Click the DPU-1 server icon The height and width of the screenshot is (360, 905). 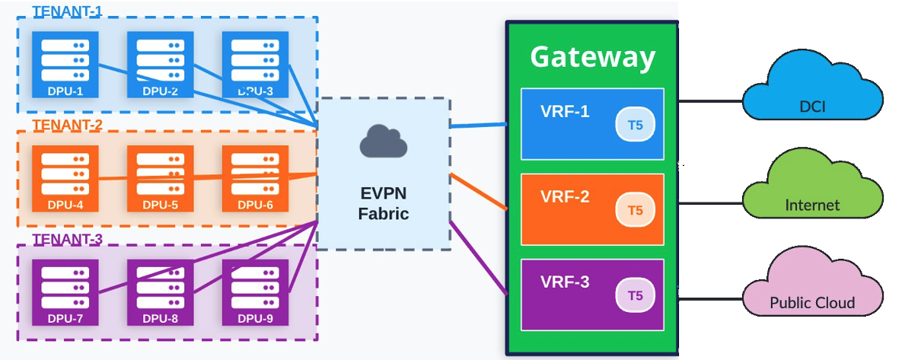click(x=65, y=64)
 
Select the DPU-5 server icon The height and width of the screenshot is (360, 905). click(x=160, y=178)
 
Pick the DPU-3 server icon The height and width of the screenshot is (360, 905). click(x=255, y=64)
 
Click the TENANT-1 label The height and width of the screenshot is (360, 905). click(x=67, y=11)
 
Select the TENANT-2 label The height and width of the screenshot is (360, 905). click(x=67, y=124)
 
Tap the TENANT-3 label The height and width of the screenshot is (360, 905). click(x=67, y=239)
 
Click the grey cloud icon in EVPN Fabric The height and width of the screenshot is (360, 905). click(x=383, y=142)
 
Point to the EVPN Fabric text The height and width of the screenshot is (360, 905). click(x=383, y=203)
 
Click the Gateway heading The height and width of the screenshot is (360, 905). click(x=592, y=57)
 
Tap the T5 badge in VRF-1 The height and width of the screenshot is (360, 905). click(x=635, y=125)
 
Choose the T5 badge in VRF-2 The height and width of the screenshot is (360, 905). click(x=635, y=210)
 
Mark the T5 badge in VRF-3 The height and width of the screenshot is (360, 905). click(x=635, y=295)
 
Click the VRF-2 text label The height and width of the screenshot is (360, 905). click(x=565, y=196)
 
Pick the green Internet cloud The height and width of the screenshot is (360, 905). click(x=812, y=190)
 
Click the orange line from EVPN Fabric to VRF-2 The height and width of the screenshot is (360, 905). click(x=479, y=191)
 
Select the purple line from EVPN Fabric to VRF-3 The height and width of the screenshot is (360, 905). click(x=479, y=256)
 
